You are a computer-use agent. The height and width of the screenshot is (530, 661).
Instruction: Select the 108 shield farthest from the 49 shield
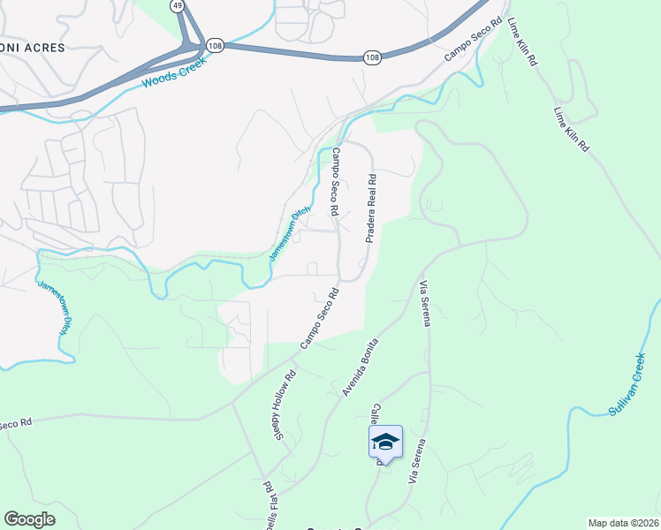[x=372, y=57]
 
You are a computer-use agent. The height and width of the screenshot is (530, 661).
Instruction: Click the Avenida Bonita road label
[x=361, y=367]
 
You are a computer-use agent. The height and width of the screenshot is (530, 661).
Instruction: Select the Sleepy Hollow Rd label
[x=285, y=405]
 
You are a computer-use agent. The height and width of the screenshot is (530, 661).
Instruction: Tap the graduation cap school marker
[x=385, y=441]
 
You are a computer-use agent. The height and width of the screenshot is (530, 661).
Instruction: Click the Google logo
[x=29, y=519]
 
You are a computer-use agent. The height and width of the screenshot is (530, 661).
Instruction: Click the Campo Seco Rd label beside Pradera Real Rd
[x=336, y=183]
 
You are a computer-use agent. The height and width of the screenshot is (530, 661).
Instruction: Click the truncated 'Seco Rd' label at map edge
[x=16, y=423]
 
